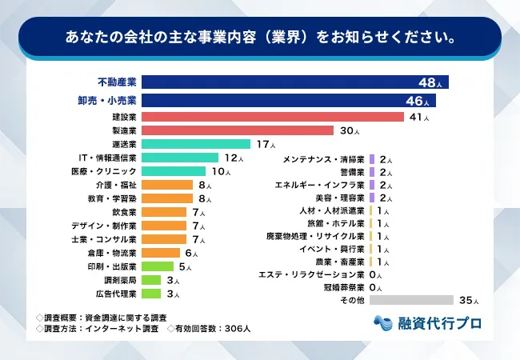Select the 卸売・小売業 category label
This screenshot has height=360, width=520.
(116, 101)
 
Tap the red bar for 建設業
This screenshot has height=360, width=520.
(273, 117)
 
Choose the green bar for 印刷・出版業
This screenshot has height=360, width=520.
(158, 266)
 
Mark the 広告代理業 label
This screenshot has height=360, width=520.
(116, 294)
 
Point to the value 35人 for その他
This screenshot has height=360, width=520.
(469, 301)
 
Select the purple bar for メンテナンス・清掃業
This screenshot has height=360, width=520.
(372, 160)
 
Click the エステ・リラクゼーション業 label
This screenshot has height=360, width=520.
(312, 274)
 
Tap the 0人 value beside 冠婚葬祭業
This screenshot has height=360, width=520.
(377, 287)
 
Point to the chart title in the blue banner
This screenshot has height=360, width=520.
(260, 37)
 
